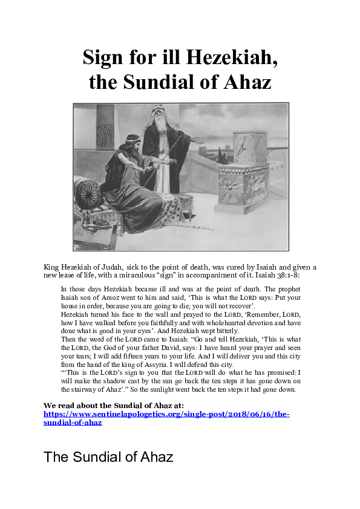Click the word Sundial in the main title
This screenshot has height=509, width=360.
click(x=164, y=82)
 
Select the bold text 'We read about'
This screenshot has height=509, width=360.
click(x=71, y=404)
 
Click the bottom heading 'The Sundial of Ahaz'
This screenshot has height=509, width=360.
click(x=108, y=457)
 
